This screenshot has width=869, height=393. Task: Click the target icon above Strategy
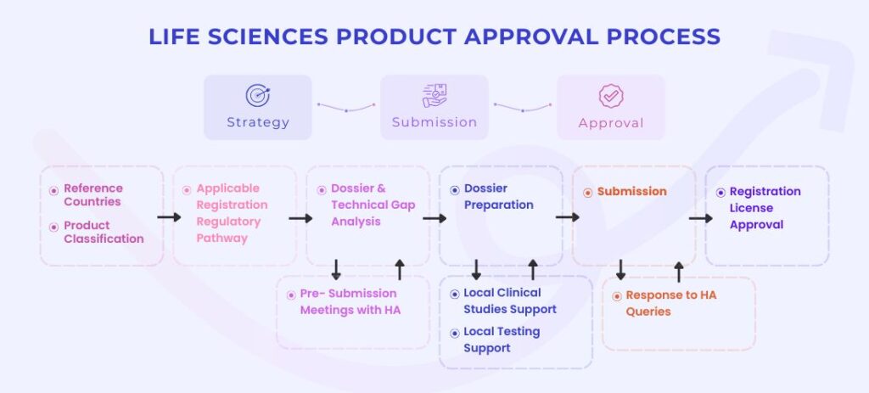click(x=257, y=95)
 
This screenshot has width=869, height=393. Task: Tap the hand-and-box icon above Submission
click(x=434, y=95)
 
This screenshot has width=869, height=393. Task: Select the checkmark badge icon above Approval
click(x=611, y=96)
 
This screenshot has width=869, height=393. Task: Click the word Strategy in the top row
click(x=258, y=122)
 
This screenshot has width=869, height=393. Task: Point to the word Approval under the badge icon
click(x=610, y=123)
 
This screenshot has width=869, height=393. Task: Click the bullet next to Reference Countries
click(x=54, y=189)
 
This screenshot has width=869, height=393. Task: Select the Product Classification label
click(x=104, y=232)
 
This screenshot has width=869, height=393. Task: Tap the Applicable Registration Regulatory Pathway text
click(x=232, y=213)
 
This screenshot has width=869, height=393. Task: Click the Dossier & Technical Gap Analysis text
click(x=367, y=205)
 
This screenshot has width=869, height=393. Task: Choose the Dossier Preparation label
click(x=499, y=197)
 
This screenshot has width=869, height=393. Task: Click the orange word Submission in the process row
click(x=631, y=192)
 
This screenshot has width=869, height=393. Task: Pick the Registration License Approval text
click(x=765, y=208)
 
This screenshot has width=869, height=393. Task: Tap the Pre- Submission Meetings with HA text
click(x=350, y=301)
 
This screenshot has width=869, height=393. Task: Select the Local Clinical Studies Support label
click(x=510, y=301)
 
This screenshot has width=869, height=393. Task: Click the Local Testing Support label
click(x=502, y=340)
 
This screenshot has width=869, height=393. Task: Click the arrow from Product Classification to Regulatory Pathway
click(x=170, y=217)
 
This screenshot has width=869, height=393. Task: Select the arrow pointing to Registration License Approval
click(x=700, y=217)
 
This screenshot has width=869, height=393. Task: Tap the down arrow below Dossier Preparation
click(x=476, y=270)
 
